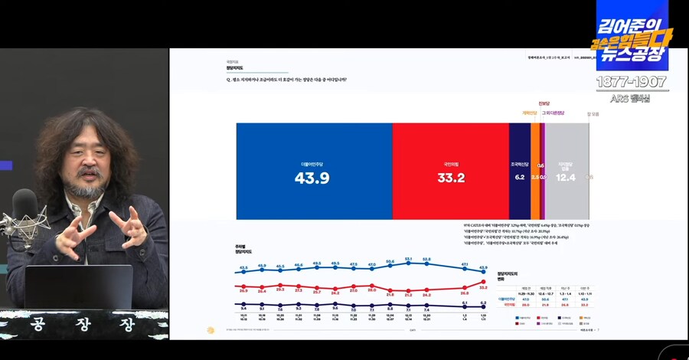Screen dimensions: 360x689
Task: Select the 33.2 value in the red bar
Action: [x=450, y=178]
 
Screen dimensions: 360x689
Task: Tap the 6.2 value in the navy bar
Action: [x=520, y=177]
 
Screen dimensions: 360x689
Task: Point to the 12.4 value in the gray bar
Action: [x=566, y=178]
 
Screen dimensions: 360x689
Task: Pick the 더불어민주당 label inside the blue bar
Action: [x=314, y=164]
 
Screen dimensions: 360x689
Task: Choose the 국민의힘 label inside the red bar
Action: [x=450, y=164]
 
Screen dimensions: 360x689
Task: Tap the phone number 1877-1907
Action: [x=632, y=81]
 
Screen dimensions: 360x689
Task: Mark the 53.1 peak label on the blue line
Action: [x=409, y=260]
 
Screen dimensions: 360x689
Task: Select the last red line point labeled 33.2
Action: [x=484, y=282]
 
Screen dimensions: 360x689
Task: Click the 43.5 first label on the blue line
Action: [x=243, y=267]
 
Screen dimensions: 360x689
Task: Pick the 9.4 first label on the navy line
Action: [x=243, y=309]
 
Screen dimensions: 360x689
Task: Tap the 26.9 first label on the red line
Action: [x=243, y=291]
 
